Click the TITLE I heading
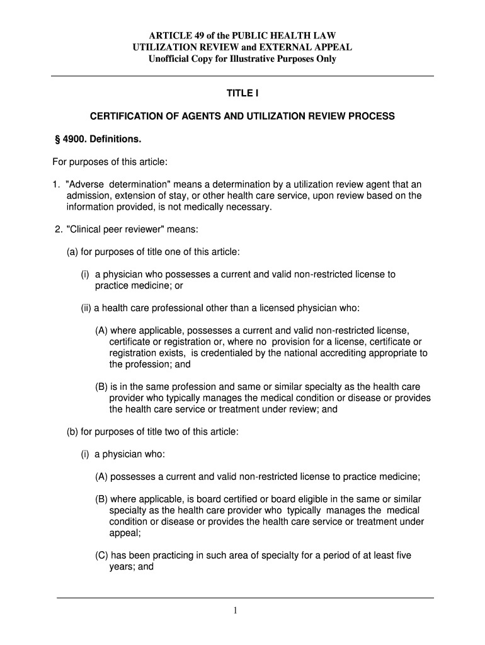pyautogui.click(x=243, y=94)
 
